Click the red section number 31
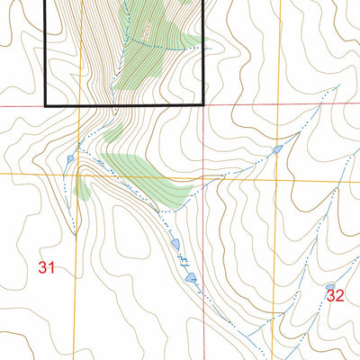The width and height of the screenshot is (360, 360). [x=47, y=267]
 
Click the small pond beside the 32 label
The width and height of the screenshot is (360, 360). [x=328, y=287]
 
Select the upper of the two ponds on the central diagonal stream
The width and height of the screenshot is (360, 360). [x=175, y=244]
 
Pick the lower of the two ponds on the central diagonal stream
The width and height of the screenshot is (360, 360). [x=191, y=278]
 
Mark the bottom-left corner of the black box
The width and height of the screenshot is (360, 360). [x=46, y=106]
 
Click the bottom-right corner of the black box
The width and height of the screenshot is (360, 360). [x=205, y=106]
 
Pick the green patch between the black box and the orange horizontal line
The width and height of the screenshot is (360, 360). [x=114, y=133]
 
